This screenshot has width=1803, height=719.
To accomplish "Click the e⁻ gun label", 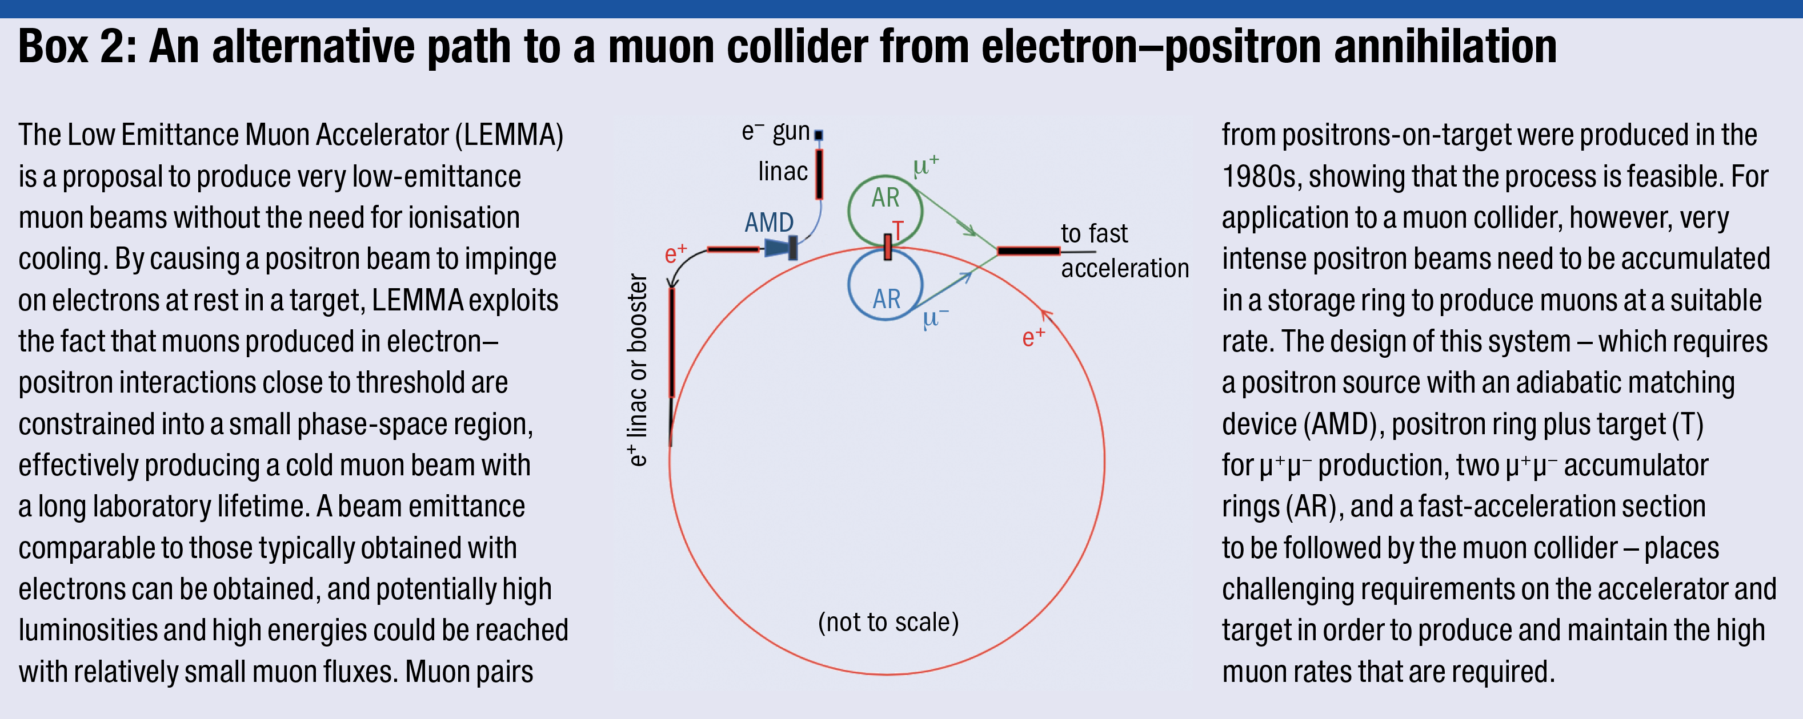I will pyautogui.click(x=775, y=131).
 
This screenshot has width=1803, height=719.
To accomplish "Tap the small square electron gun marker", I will pyautogui.click(x=818, y=134).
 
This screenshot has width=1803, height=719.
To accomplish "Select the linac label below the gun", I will pyautogui.click(x=783, y=171).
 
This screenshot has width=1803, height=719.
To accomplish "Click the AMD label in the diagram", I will pyautogui.click(x=768, y=223).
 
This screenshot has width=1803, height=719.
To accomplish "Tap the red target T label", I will pyautogui.click(x=898, y=229).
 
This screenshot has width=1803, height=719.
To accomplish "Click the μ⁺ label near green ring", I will pyautogui.click(x=925, y=165).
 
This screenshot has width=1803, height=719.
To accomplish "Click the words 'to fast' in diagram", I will pyautogui.click(x=1094, y=233).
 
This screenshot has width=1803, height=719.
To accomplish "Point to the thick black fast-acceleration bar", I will pyautogui.click(x=1028, y=251).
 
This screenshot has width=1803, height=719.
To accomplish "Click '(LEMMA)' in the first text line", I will pyautogui.click(x=510, y=135).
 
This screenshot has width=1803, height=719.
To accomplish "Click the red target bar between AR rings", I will pyautogui.click(x=887, y=247).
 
